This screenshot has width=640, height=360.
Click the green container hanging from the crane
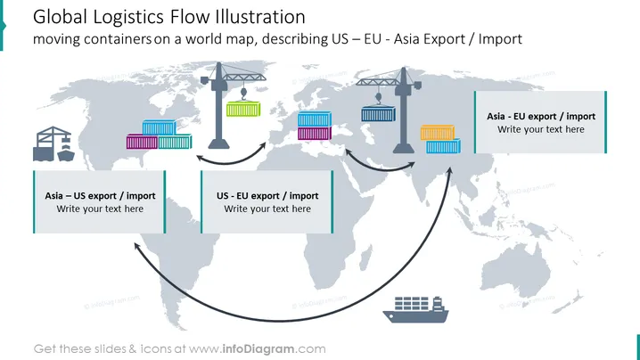[243, 109]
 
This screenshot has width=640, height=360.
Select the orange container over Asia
[438, 133]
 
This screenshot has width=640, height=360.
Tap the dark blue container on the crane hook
[378, 114]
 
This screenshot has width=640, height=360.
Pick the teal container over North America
[175, 141]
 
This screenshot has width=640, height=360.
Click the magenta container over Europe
[315, 133]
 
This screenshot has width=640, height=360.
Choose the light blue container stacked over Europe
[315, 119]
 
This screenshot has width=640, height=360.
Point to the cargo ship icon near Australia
[415, 310]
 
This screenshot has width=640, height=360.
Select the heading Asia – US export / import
[100, 196]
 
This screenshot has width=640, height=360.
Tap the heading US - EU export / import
[267, 196]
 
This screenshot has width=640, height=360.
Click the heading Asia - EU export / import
[541, 117]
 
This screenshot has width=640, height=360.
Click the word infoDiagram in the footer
[258, 349]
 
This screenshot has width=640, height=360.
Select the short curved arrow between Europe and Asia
[380, 168]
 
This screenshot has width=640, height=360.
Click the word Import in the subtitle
[500, 39]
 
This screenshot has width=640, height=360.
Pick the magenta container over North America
[142, 142]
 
